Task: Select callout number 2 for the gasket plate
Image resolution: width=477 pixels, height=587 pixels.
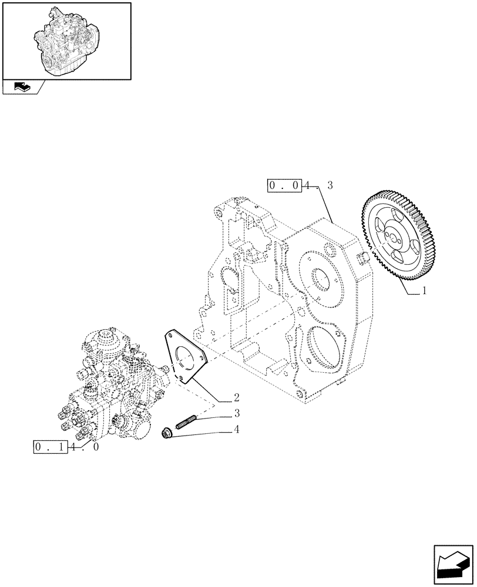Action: (x=236, y=397)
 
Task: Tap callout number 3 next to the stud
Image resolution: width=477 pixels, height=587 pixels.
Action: (x=236, y=413)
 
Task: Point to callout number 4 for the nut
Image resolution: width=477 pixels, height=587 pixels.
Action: (x=236, y=430)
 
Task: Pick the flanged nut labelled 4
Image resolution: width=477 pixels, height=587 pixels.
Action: (x=167, y=434)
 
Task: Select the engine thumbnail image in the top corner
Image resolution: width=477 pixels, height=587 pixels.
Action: (x=66, y=40)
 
